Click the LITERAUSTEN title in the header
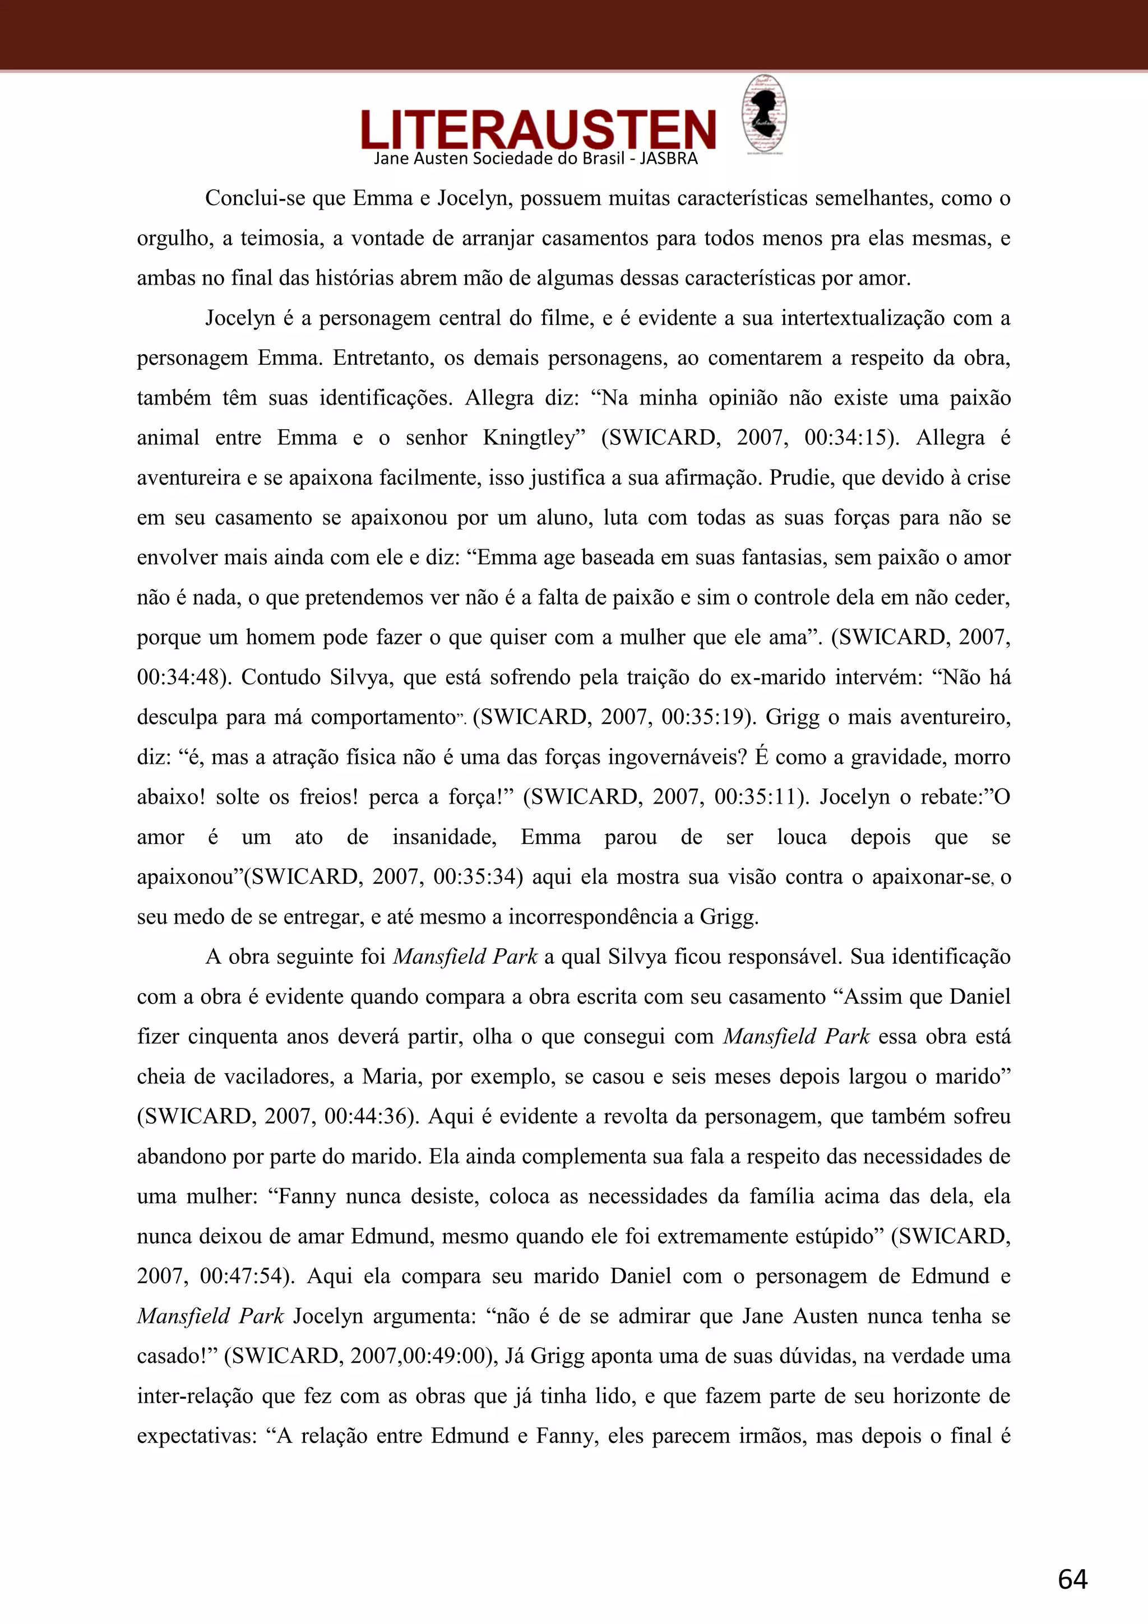(538, 129)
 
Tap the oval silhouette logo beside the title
(764, 113)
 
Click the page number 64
(1072, 1579)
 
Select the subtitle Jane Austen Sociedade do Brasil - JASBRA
(535, 159)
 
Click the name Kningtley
(534, 438)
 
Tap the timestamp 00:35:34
(473, 877)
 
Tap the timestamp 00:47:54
(240, 1277)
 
